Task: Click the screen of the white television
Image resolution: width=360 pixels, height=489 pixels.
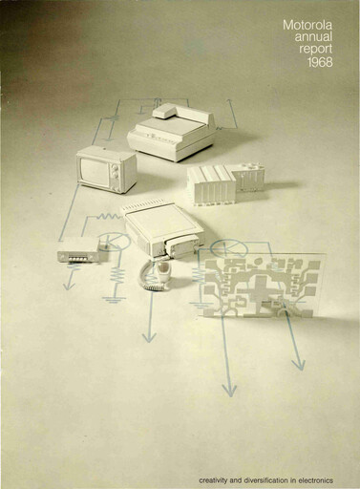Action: tap(100, 170)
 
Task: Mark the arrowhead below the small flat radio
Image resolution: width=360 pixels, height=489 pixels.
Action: tap(69, 284)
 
